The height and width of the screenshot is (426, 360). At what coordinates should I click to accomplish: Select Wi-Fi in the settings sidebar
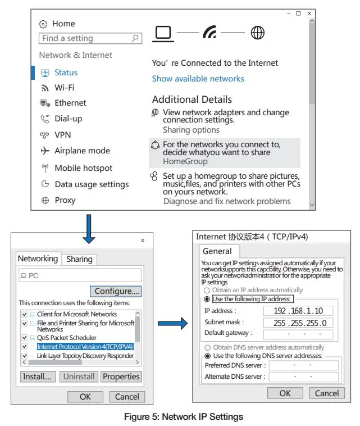tap(64, 88)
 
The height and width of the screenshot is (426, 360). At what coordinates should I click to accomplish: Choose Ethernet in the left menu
tap(70, 103)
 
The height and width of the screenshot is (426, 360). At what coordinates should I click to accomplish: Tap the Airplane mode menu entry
tap(82, 151)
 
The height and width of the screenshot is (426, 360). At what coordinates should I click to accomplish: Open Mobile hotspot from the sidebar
tap(83, 168)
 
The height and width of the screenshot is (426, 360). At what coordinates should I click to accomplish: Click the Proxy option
tap(65, 200)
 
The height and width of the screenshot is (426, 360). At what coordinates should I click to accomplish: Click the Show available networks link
tap(198, 79)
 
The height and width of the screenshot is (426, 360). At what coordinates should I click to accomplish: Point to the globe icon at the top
tap(258, 33)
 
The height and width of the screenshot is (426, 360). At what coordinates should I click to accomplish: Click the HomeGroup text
tap(185, 161)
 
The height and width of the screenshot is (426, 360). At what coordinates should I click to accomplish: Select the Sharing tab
tap(79, 259)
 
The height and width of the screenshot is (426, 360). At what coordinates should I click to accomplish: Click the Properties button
tap(121, 377)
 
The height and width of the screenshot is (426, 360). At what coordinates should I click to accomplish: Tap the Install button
tap(37, 377)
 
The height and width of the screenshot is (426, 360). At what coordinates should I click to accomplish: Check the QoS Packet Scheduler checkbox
tap(25, 338)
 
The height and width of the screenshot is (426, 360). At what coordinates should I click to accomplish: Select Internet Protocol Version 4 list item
tap(85, 347)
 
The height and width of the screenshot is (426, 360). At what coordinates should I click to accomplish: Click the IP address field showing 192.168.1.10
tap(298, 311)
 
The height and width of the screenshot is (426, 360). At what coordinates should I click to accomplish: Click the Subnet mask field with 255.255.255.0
tap(298, 323)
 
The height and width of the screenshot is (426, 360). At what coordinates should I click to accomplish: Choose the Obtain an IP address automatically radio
tap(207, 290)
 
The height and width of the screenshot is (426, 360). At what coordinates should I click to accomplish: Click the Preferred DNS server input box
tap(303, 365)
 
